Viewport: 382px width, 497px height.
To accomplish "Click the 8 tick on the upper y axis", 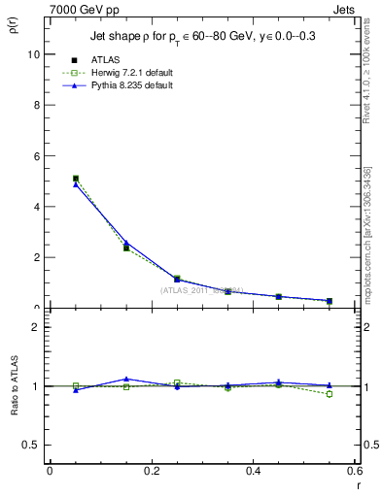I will click(x=35, y=105).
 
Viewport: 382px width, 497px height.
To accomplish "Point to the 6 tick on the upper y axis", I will click(x=35, y=155).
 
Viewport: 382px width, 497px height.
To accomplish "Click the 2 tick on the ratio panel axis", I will click(x=35, y=327).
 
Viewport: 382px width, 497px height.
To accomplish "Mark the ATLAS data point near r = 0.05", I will click(x=76, y=179).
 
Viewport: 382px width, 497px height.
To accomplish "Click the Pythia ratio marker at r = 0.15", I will click(x=126, y=379).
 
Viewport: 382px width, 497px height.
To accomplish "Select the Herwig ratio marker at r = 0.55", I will click(x=330, y=394).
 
